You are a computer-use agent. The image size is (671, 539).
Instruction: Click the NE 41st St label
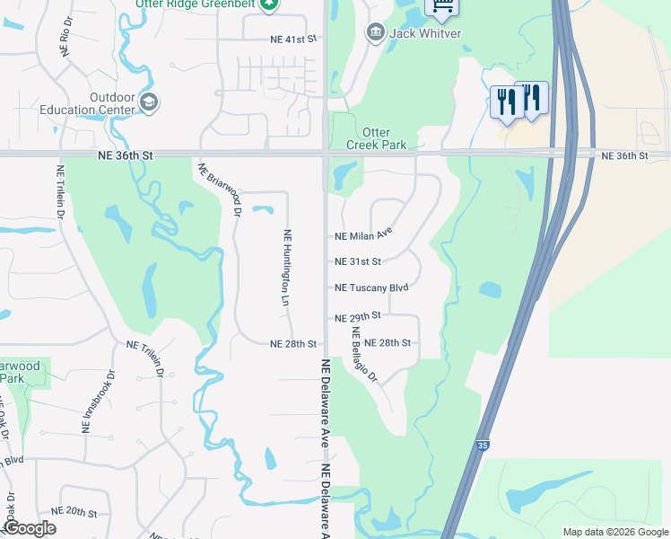[294, 40]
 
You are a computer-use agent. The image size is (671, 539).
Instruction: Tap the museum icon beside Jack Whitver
[375, 33]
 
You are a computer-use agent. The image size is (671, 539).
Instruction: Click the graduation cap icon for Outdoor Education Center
[149, 103]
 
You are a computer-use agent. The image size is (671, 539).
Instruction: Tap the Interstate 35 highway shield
[483, 445]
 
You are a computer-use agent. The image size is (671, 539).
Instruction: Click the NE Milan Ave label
[363, 234]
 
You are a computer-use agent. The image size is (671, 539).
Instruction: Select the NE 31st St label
[358, 261]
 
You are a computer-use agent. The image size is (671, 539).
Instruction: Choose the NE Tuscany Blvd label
[371, 287]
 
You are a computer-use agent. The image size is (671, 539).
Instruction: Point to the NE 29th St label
[358, 316]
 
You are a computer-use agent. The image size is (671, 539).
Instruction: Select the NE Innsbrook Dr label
[100, 402]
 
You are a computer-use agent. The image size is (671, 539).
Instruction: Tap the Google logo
[30, 528]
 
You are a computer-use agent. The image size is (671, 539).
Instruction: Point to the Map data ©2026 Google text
[615, 532]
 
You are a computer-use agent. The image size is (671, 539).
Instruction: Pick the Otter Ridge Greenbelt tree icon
[269, 4]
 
